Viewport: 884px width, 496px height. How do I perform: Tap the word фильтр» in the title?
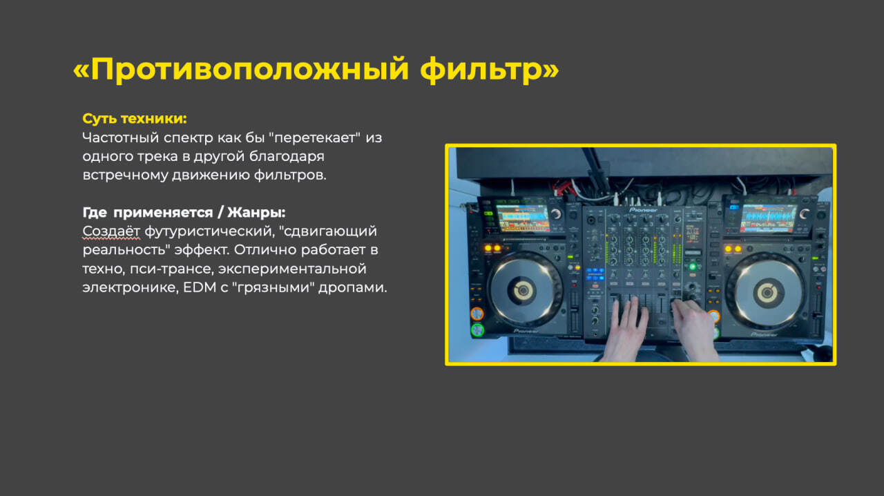point(490,70)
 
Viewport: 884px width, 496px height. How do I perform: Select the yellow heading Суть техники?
point(135,118)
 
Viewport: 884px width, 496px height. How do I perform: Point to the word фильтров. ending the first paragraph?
point(290,175)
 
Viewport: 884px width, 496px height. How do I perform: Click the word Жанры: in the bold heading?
point(256,213)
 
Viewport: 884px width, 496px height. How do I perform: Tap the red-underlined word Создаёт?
point(111,231)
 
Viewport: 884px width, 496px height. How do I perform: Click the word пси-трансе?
point(171,269)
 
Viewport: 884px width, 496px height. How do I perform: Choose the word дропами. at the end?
point(353,288)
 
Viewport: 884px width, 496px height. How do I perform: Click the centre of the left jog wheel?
point(523,291)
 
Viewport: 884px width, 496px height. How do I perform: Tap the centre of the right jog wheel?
point(767,293)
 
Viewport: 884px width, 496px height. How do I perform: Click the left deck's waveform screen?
point(523,218)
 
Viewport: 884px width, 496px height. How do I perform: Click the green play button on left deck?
point(477,330)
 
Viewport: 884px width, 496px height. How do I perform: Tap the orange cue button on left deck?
point(477,314)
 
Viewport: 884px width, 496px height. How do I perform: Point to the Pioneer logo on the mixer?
point(643,210)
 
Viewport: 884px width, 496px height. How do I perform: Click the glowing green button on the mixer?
point(692,267)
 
